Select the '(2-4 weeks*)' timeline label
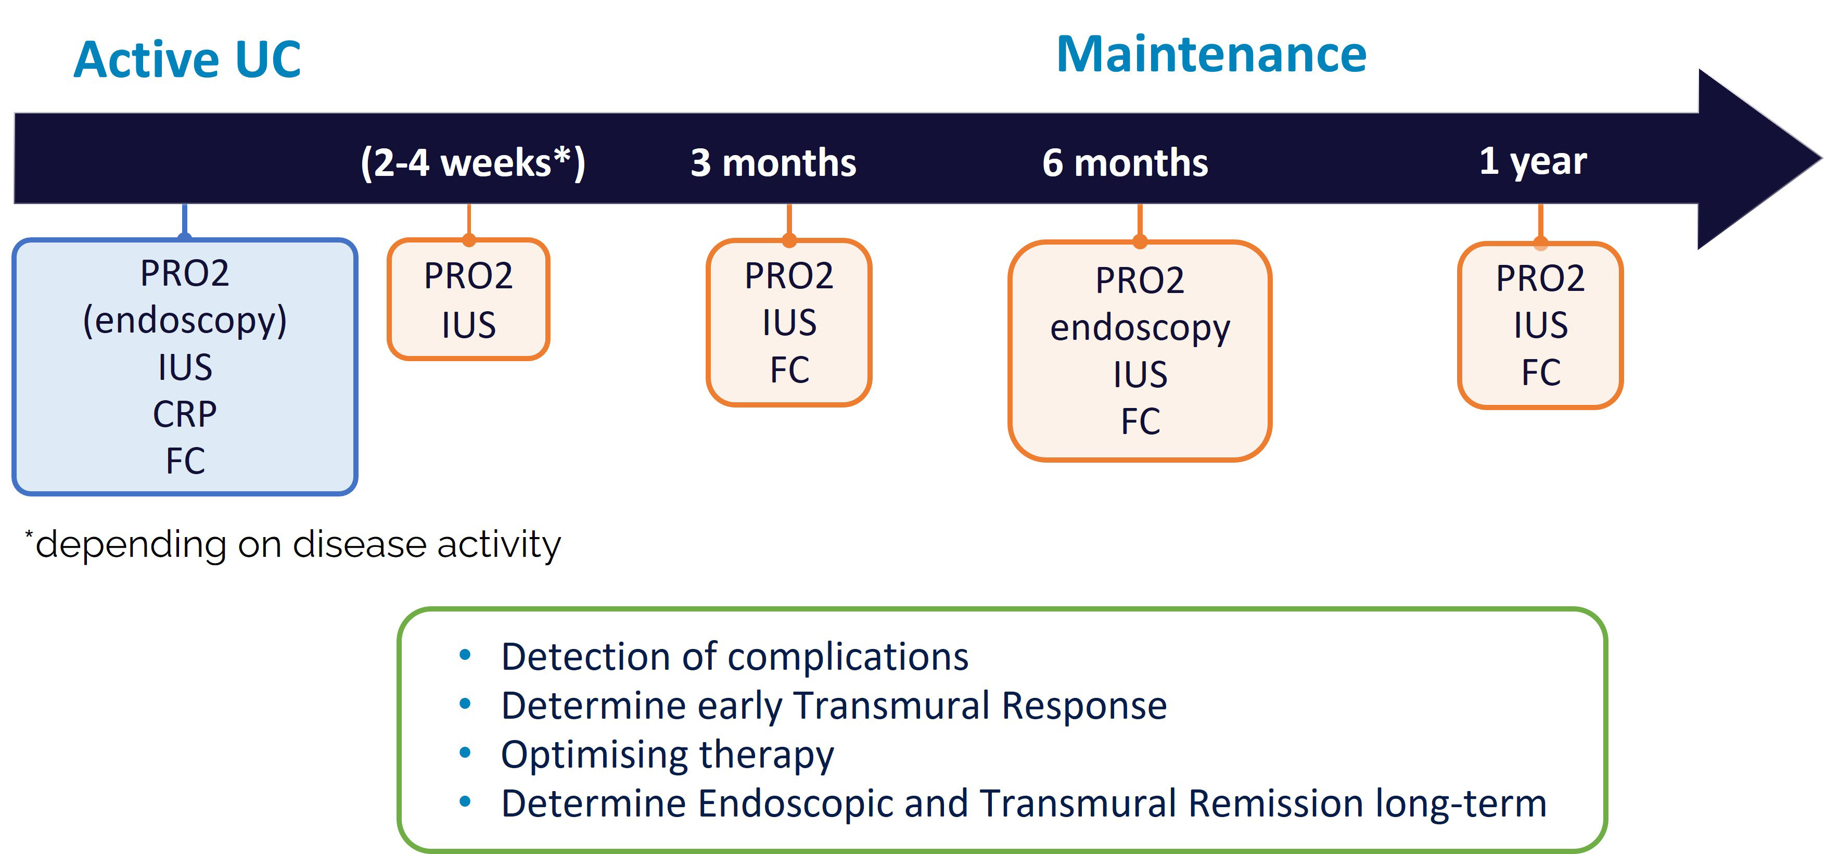point(473,163)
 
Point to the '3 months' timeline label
point(773,163)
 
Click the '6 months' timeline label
point(1125,163)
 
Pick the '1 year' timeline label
point(1533,161)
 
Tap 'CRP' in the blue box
point(185,414)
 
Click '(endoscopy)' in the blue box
point(185,321)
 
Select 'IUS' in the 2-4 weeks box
point(468,325)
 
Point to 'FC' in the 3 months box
point(789,370)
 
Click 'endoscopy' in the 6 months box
point(1140,329)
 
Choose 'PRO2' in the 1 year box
point(1540,278)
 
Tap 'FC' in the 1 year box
point(1541,372)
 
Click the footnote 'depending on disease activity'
point(298,545)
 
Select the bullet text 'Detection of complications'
point(734,656)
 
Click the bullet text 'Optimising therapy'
point(667,755)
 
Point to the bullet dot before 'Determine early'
point(465,704)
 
